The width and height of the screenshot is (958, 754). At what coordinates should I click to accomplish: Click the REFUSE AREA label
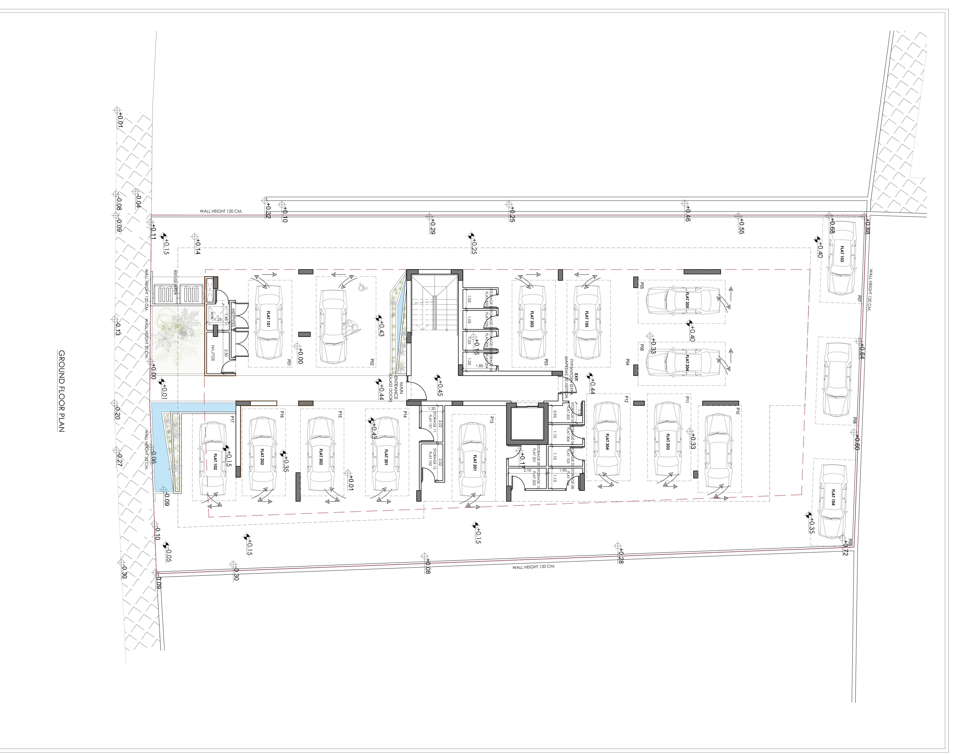coord(175,283)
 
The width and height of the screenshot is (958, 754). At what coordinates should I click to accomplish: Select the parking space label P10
coord(738,411)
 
